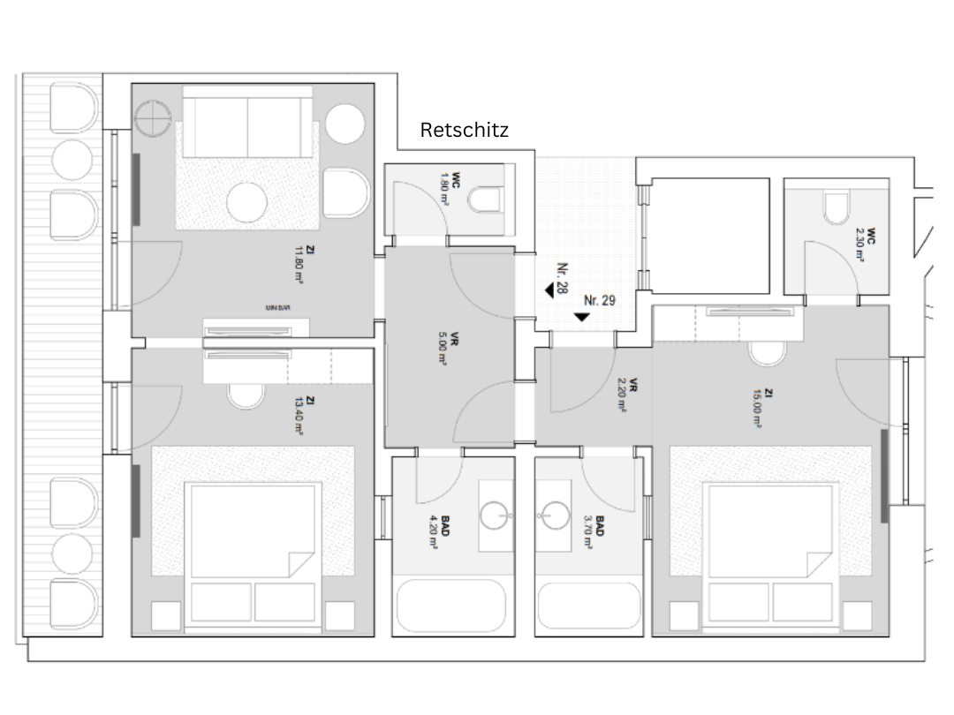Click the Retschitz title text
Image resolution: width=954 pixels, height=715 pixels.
tap(464, 131)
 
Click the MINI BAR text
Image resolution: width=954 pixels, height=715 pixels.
tap(278, 308)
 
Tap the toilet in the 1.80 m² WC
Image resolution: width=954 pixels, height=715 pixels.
tap(485, 201)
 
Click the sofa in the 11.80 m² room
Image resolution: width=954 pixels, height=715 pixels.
tap(247, 124)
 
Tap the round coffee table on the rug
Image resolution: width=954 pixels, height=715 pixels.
tap(246, 203)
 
